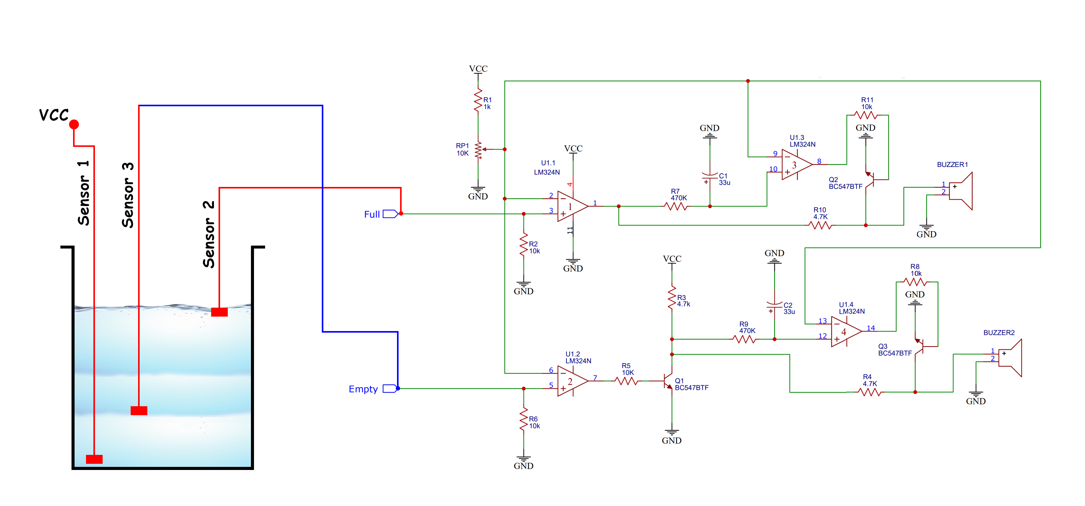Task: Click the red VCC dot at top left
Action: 74,124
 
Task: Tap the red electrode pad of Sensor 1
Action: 94,459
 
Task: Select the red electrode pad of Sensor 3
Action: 139,411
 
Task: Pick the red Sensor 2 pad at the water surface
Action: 219,312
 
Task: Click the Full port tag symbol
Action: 390,214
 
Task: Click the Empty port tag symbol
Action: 389,389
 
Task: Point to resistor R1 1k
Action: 478,100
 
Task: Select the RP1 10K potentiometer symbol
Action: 478,150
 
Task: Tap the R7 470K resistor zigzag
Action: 676,206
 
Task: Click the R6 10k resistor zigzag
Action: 524,419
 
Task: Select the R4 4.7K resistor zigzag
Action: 869,392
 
